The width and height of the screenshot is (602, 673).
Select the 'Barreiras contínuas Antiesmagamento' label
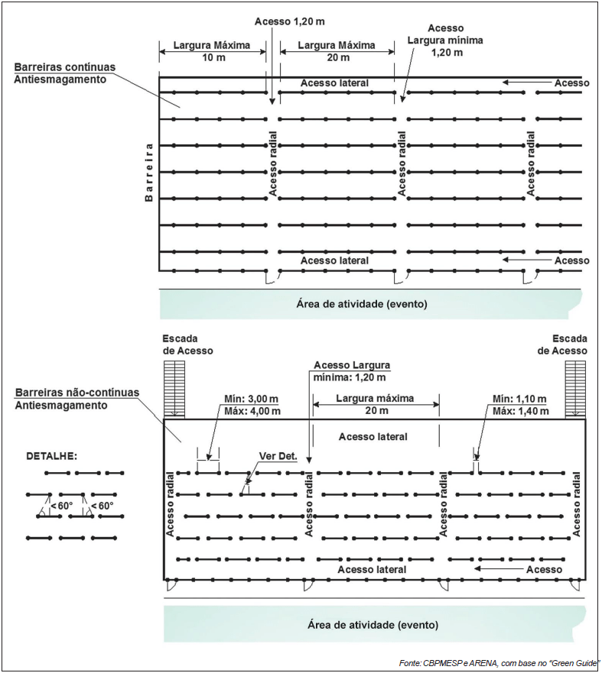pos(65,73)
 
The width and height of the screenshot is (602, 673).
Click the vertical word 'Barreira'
pos(149,172)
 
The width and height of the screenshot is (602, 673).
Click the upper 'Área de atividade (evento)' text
pos(361,304)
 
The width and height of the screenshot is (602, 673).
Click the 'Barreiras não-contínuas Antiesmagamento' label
pos(77,398)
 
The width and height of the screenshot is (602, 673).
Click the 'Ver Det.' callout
pos(277,457)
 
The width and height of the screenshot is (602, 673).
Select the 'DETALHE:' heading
pos(52,456)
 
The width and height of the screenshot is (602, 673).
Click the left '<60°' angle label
pos(62,506)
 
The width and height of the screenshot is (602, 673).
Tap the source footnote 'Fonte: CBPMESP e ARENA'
pos(497,662)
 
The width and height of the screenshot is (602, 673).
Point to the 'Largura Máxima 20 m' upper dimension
pos(337,51)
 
